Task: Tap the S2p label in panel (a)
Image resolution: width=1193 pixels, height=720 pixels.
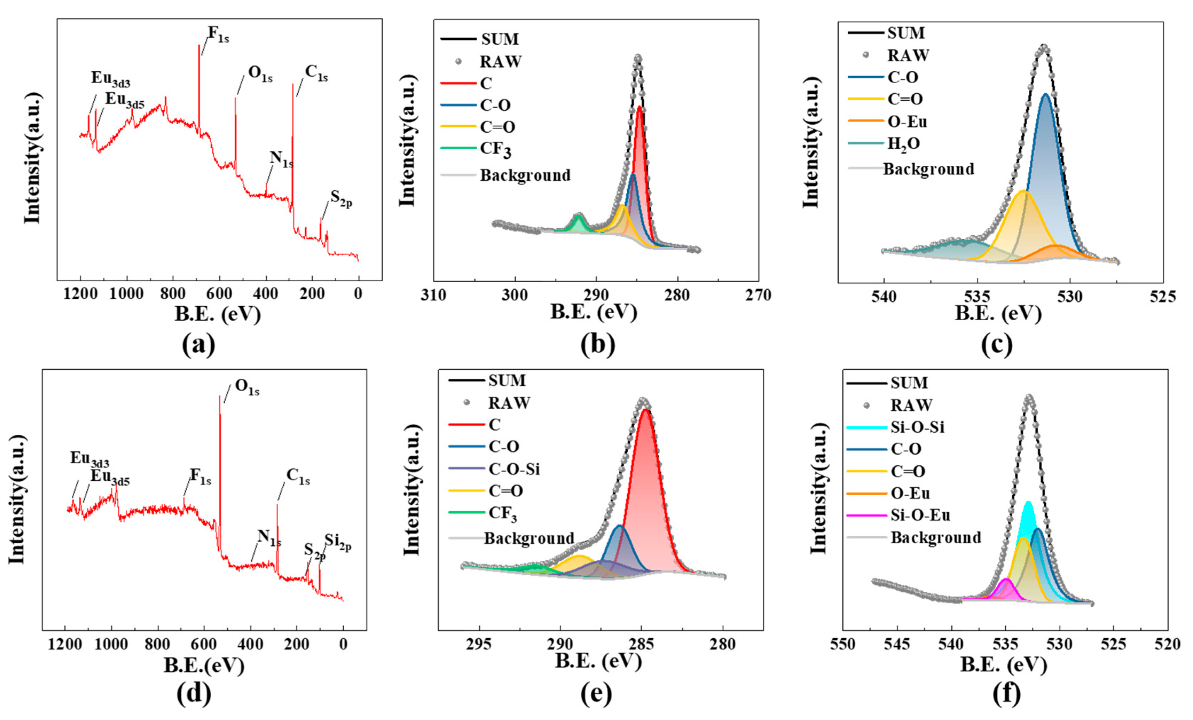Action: coord(341,199)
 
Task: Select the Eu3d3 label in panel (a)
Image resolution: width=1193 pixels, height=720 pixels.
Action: coord(111,79)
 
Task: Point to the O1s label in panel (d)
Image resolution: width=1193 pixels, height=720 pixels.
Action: coord(247,387)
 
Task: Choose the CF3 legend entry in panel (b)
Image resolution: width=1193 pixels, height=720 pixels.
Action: coord(495,149)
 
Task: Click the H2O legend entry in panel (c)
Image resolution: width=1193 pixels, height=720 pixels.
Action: coord(903,144)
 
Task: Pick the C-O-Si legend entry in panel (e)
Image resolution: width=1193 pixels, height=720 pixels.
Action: coord(514,469)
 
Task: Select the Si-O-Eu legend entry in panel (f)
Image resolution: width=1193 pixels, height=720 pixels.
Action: coord(920,515)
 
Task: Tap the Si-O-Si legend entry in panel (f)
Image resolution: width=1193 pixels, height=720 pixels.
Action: coord(917,427)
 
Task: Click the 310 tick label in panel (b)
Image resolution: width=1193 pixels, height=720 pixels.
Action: coord(433,295)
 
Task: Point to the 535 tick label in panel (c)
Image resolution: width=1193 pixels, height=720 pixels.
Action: coord(977,296)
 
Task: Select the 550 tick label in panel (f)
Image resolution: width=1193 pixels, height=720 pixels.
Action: coord(843,645)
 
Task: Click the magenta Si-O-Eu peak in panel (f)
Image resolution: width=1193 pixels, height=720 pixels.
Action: coord(1006,587)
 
